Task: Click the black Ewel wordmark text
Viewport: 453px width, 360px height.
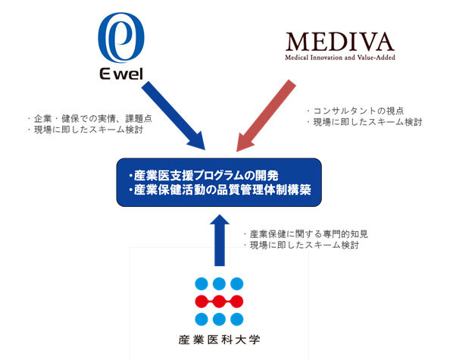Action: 121,74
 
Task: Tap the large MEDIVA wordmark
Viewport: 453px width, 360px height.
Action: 339,42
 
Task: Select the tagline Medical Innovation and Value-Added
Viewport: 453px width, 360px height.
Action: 339,58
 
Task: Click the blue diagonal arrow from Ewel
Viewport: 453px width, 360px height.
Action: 173,115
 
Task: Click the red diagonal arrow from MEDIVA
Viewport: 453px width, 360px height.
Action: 267,115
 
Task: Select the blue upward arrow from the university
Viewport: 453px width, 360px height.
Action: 220,240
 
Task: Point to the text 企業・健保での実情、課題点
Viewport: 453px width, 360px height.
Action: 93,118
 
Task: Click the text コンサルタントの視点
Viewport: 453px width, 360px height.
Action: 358,111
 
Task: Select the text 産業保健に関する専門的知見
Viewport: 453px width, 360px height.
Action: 308,234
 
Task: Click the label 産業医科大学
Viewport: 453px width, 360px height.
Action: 219,340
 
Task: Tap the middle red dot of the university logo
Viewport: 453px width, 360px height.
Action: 219,302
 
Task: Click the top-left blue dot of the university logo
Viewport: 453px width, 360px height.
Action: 202,283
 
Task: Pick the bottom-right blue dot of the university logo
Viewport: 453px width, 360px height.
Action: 237,319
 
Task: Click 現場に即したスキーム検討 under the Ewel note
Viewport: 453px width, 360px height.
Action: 89,130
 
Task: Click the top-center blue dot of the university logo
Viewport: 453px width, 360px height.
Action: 219,283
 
